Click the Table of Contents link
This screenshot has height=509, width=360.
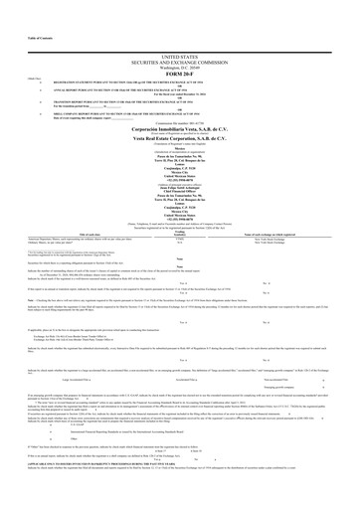(17, 5)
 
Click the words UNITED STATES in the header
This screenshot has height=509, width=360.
(179, 31)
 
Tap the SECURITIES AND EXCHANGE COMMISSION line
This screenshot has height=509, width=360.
(179, 37)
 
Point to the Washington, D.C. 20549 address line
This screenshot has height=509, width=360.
(179, 43)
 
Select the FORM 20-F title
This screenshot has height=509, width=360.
(179, 50)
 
